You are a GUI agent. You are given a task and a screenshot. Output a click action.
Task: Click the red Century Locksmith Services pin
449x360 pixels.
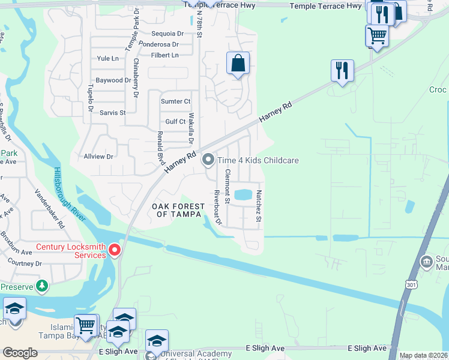pyautogui.click(x=114, y=250)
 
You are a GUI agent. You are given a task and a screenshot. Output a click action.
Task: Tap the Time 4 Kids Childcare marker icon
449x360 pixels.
pyautogui.click(x=208, y=160)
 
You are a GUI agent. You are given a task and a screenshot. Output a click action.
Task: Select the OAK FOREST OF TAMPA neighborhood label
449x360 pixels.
pyautogui.click(x=176, y=211)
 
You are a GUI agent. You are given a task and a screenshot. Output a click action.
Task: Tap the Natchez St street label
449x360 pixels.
pyautogui.click(x=259, y=206)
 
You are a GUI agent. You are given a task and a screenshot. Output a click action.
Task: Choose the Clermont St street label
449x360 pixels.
pyautogui.click(x=228, y=187)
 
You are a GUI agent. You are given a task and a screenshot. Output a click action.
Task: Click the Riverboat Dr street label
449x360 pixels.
pyautogui.click(x=218, y=208)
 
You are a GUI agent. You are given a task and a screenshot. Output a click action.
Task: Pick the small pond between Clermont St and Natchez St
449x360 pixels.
pyautogui.click(x=243, y=194)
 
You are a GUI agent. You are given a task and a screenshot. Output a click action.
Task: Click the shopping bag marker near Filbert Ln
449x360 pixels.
pyautogui.click(x=238, y=63)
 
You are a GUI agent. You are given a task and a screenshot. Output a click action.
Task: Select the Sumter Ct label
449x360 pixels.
pyautogui.click(x=175, y=102)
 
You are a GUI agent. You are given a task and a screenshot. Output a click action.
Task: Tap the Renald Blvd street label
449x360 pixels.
pyautogui.click(x=160, y=148)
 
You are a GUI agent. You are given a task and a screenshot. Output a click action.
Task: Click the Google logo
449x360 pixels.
pyautogui.click(x=20, y=353)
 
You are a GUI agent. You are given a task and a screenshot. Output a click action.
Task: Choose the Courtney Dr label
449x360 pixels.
pyautogui.click(x=21, y=263)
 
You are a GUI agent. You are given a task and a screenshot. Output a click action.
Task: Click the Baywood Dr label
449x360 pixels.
pyautogui.click(x=113, y=80)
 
